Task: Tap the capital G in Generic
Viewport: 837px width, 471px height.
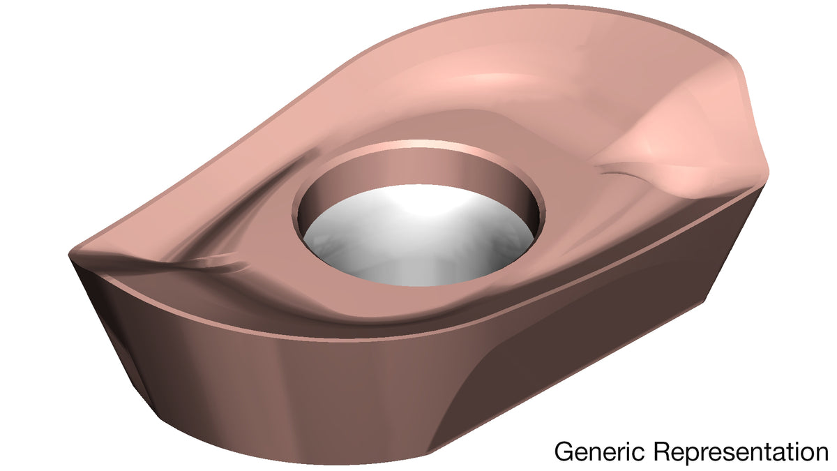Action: (564, 452)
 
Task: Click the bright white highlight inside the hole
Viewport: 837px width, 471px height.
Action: (422, 200)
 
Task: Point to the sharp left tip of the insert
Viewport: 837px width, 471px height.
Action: (70, 255)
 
